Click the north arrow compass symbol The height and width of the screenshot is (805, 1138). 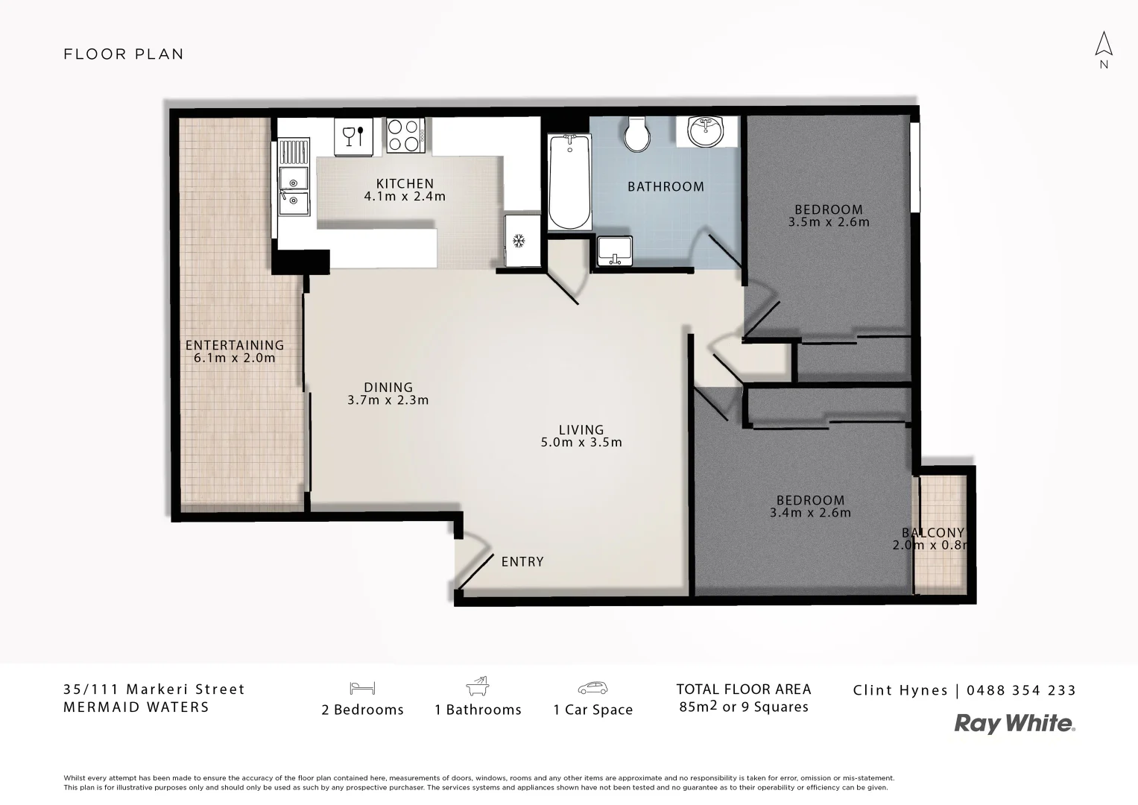1104,46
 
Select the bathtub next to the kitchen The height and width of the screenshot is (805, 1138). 569,182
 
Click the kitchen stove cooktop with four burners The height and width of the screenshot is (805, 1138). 405,136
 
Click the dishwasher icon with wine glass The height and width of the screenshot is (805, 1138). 353,136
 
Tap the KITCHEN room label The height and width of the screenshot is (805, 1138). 405,183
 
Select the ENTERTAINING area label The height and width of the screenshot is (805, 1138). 234,345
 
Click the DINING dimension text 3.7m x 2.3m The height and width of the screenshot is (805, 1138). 388,400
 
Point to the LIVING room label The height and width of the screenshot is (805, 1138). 581,429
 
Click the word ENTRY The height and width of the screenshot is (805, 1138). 522,562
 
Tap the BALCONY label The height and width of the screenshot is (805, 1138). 933,533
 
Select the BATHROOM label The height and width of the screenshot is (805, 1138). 666,186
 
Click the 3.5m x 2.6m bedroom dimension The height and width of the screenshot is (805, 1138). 829,222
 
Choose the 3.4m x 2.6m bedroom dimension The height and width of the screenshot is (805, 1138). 810,513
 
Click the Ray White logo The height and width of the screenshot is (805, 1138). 1015,724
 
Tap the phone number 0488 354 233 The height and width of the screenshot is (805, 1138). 1021,690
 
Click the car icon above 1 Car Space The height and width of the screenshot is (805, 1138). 592,687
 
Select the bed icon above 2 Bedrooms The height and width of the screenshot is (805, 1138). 362,687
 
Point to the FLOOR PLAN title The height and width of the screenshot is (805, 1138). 124,54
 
